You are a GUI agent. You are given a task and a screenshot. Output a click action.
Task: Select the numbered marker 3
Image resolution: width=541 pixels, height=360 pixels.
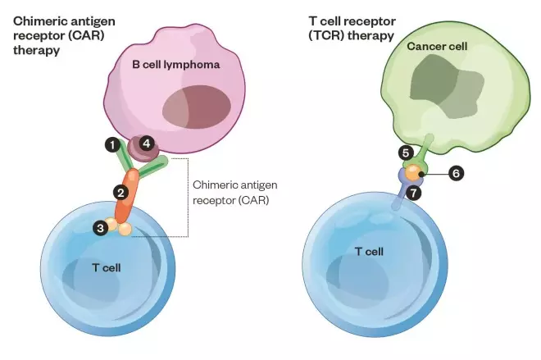pyautogui.click(x=101, y=228)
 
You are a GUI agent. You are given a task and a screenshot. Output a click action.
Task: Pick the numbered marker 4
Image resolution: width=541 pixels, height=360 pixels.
pyautogui.click(x=146, y=143)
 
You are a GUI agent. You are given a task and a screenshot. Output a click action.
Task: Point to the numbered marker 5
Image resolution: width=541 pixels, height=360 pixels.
pyautogui.click(x=405, y=153)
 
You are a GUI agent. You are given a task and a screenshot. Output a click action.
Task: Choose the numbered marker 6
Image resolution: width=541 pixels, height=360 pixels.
pyautogui.click(x=457, y=173)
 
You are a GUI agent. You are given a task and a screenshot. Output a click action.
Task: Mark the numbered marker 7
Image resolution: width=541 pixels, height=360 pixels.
pyautogui.click(x=415, y=194)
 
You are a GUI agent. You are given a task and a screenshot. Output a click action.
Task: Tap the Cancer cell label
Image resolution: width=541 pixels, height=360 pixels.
pyautogui.click(x=438, y=47)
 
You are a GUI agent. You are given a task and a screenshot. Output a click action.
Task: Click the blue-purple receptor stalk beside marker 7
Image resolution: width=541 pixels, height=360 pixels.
pyautogui.click(x=399, y=199)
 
